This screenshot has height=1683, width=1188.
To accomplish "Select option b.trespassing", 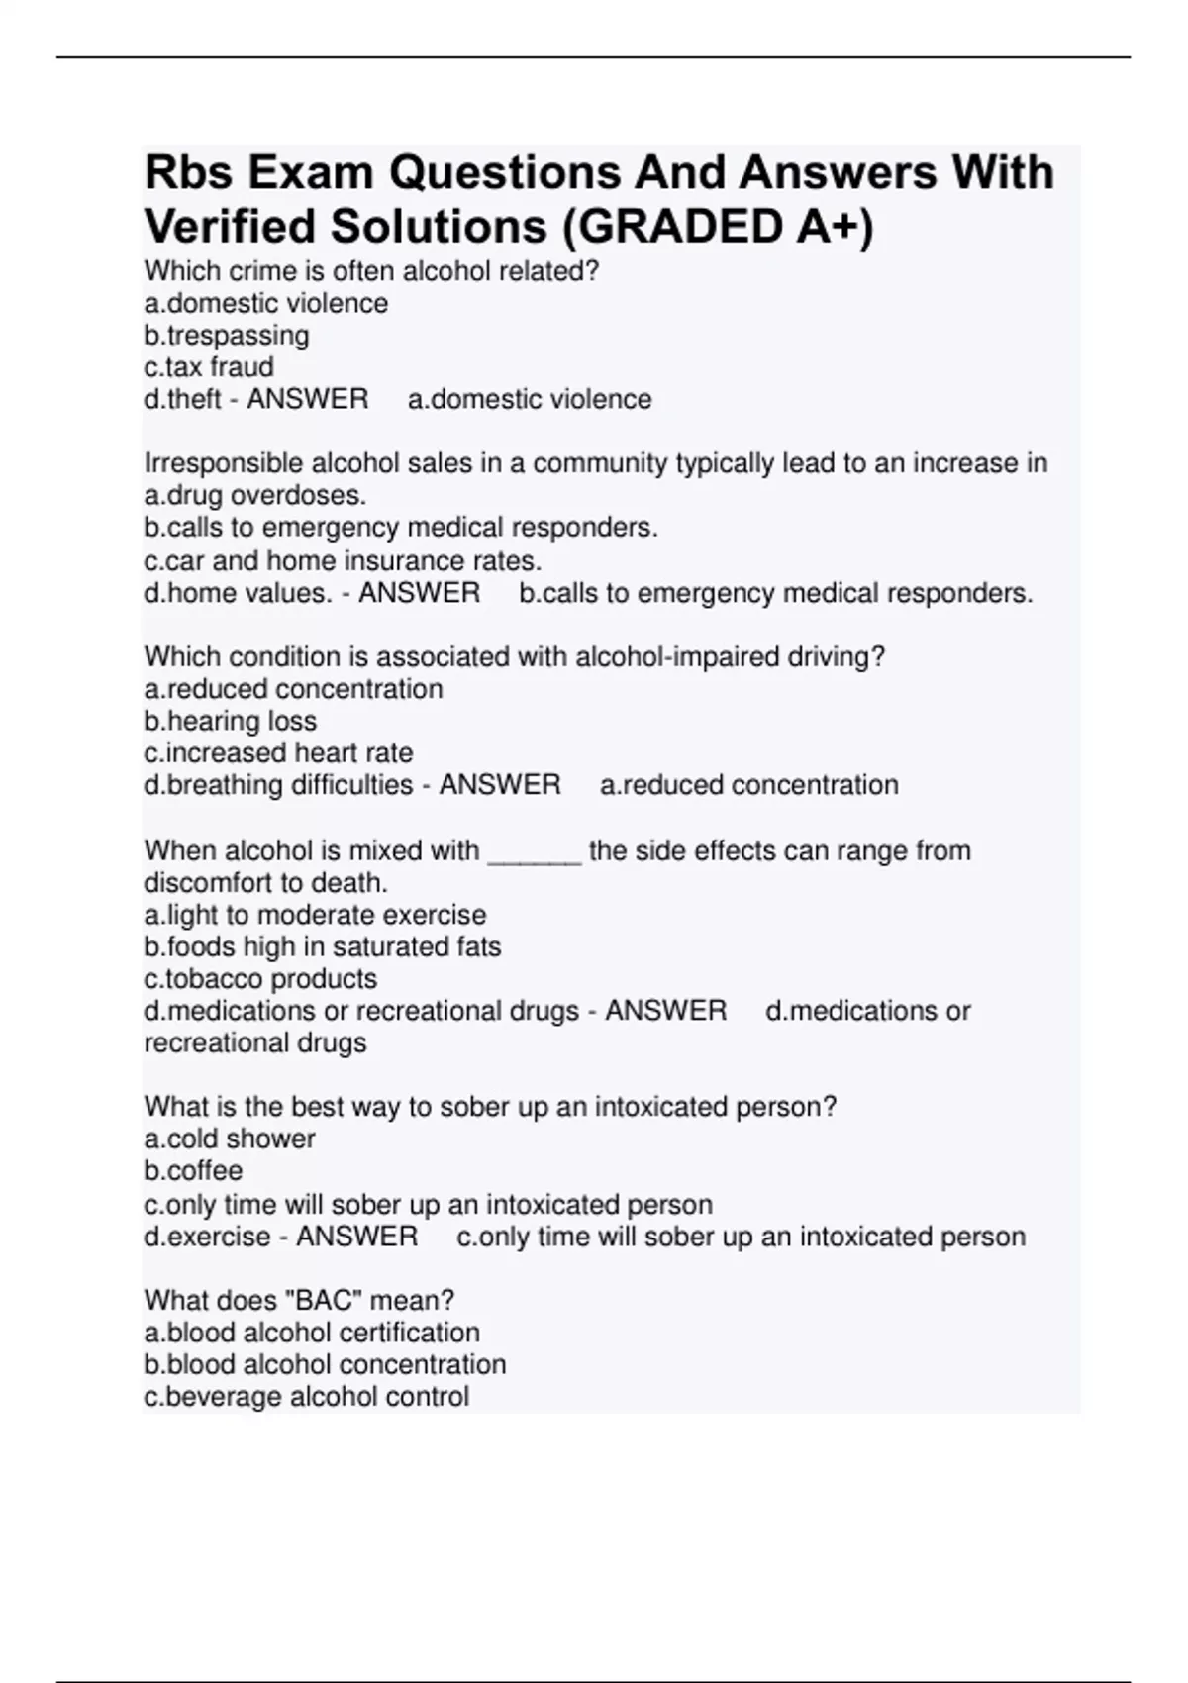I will pyautogui.click(x=227, y=336).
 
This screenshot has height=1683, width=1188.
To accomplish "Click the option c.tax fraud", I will pyautogui.click(x=209, y=367).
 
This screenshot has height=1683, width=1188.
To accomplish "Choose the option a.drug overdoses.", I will pyautogui.click(x=255, y=495).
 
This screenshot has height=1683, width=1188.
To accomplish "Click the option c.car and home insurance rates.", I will pyautogui.click(x=343, y=561).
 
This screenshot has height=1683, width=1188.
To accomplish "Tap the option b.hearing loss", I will pyautogui.click(x=231, y=721).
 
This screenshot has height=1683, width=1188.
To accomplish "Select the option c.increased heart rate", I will pyautogui.click(x=278, y=753).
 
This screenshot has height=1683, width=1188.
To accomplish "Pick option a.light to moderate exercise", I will pyautogui.click(x=315, y=915).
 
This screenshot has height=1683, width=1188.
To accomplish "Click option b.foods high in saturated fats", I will pyautogui.click(x=323, y=946).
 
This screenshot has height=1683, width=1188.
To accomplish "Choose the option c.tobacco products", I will pyautogui.click(x=260, y=979).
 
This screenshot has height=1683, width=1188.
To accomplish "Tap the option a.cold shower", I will pyautogui.click(x=230, y=1138).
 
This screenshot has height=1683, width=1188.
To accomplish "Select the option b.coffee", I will pyautogui.click(x=193, y=1171).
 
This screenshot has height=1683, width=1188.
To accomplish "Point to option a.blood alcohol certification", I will pyautogui.click(x=312, y=1333).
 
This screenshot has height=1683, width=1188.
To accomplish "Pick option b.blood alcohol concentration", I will pyautogui.click(x=325, y=1364).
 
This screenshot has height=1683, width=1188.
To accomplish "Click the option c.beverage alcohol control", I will pyautogui.click(x=307, y=1397).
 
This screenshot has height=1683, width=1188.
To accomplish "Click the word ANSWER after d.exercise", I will pyautogui.click(x=356, y=1237).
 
